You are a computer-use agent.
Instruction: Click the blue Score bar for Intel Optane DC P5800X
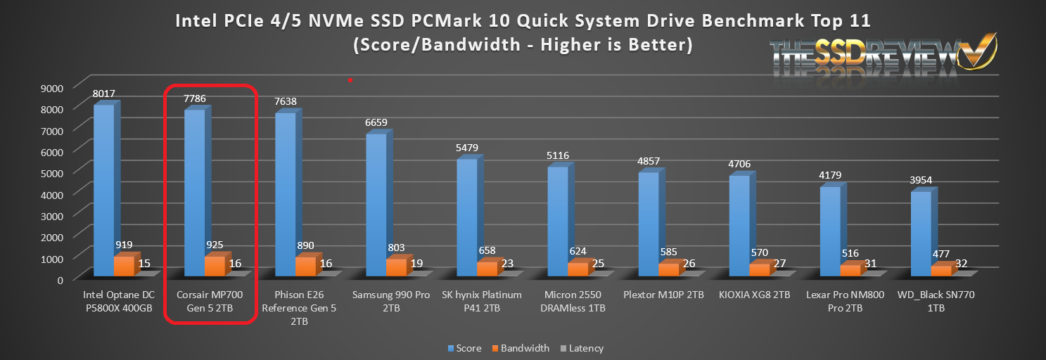103,190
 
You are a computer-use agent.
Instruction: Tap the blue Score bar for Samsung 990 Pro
376,204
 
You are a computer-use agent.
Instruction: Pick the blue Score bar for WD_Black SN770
921,232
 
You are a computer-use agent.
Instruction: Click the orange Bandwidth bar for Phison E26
305,266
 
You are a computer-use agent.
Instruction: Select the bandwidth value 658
487,251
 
